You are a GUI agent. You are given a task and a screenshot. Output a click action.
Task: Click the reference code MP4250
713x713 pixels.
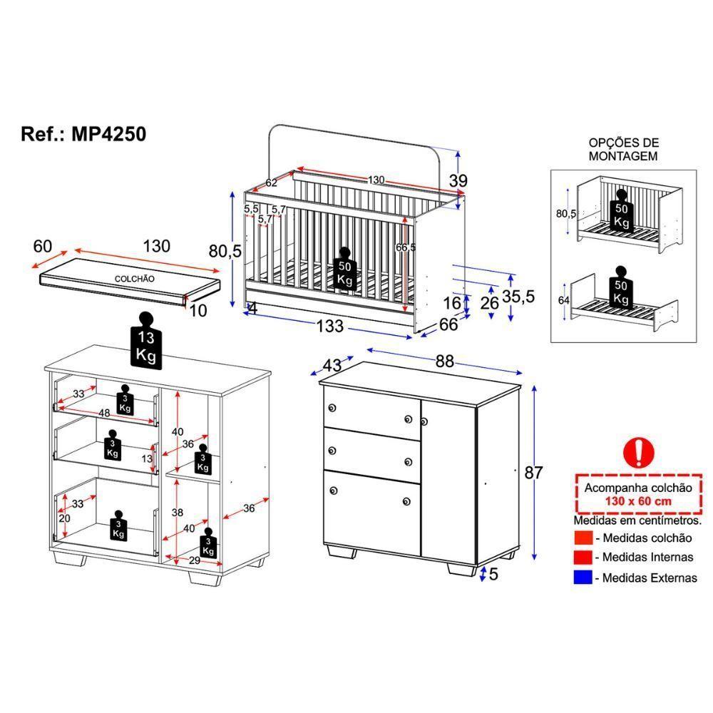pyautogui.click(x=109, y=134)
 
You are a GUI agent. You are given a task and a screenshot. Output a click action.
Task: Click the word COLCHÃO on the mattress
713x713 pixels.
pyautogui.click(x=134, y=279)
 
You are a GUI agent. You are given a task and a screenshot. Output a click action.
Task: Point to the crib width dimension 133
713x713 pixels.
pyautogui.click(x=330, y=326)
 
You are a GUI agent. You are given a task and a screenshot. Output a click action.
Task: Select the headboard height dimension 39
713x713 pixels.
pyautogui.click(x=458, y=181)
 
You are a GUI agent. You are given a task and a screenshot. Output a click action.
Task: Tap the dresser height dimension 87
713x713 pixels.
pyautogui.click(x=534, y=472)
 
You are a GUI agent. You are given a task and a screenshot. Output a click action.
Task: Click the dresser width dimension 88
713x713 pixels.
pyautogui.click(x=445, y=361)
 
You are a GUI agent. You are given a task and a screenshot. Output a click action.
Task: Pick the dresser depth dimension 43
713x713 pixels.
pyautogui.click(x=332, y=364)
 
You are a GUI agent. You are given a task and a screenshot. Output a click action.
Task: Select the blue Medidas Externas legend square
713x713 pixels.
pyautogui.click(x=582, y=577)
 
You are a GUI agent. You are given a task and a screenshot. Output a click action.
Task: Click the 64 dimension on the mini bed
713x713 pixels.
pyautogui.click(x=563, y=300)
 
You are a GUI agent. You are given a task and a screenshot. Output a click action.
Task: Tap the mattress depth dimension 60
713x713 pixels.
pyautogui.click(x=43, y=247)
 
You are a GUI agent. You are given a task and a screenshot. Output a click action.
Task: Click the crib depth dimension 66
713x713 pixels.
pyautogui.click(x=448, y=325)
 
